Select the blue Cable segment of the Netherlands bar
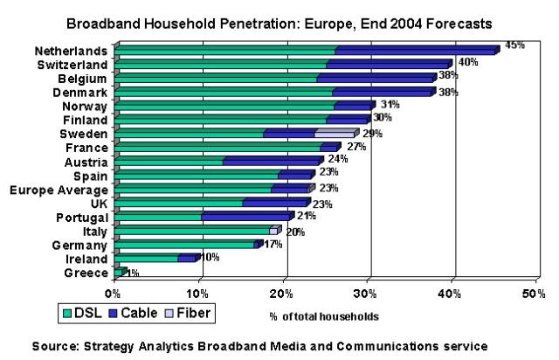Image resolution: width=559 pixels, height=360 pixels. click(x=415, y=51)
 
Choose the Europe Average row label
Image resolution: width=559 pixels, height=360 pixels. click(x=59, y=189)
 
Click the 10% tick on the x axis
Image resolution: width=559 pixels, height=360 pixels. click(x=198, y=292)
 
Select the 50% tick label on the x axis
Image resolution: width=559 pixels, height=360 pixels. click(x=534, y=292)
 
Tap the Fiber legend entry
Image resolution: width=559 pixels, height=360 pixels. click(x=190, y=311)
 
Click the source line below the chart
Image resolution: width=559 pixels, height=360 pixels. click(x=279, y=346)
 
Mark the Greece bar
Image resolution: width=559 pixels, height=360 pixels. click(x=120, y=272)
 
